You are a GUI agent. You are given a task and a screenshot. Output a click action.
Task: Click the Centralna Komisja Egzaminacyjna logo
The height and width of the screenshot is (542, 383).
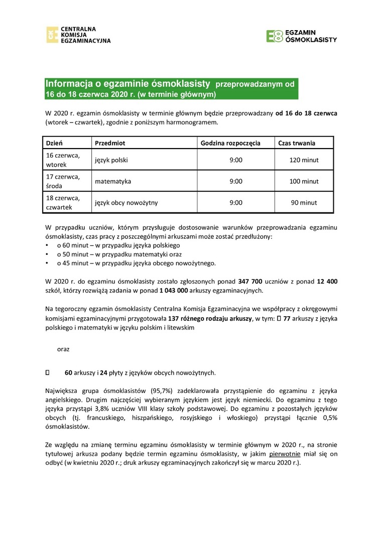point(78,35)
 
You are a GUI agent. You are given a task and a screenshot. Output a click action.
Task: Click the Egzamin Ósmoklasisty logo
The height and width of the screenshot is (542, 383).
point(302,36)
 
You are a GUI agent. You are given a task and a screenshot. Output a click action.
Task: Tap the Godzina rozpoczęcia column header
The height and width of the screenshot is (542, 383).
point(230,143)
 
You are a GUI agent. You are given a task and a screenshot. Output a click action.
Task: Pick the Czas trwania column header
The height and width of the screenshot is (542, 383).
point(297,143)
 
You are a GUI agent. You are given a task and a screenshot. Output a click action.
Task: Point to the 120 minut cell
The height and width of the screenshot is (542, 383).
point(304,160)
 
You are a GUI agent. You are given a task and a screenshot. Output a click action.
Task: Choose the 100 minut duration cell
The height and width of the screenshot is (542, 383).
point(304,181)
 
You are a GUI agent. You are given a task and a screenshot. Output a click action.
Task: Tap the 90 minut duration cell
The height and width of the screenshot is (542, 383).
point(304,203)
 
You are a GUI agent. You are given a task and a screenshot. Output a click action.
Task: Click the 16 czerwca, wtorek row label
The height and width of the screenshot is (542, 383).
point(62,160)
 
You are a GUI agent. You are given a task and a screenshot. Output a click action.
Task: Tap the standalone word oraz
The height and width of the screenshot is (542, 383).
point(63,348)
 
